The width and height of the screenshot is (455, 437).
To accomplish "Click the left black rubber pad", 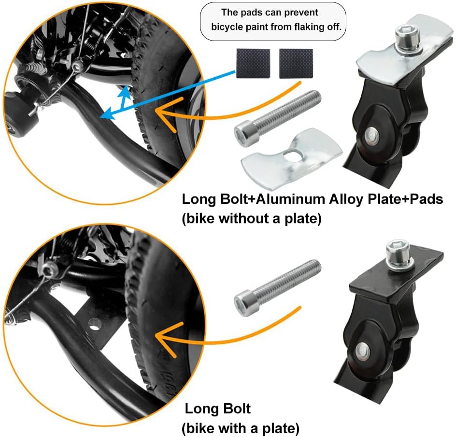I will (252, 63).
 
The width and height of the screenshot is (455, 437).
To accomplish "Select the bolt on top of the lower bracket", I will (399, 254).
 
